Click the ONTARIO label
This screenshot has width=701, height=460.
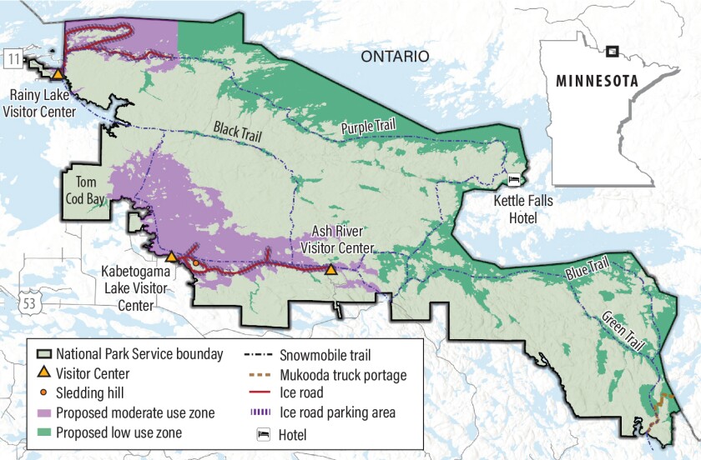point(395,57)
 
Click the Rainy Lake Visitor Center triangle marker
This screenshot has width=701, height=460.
point(58,74)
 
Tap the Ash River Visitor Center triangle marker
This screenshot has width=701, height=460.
point(331,270)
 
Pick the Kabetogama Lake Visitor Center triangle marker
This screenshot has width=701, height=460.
point(170,257)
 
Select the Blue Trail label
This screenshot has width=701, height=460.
point(588,269)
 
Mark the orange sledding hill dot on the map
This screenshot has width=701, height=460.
point(196,263)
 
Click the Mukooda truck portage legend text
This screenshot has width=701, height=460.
point(354,376)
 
